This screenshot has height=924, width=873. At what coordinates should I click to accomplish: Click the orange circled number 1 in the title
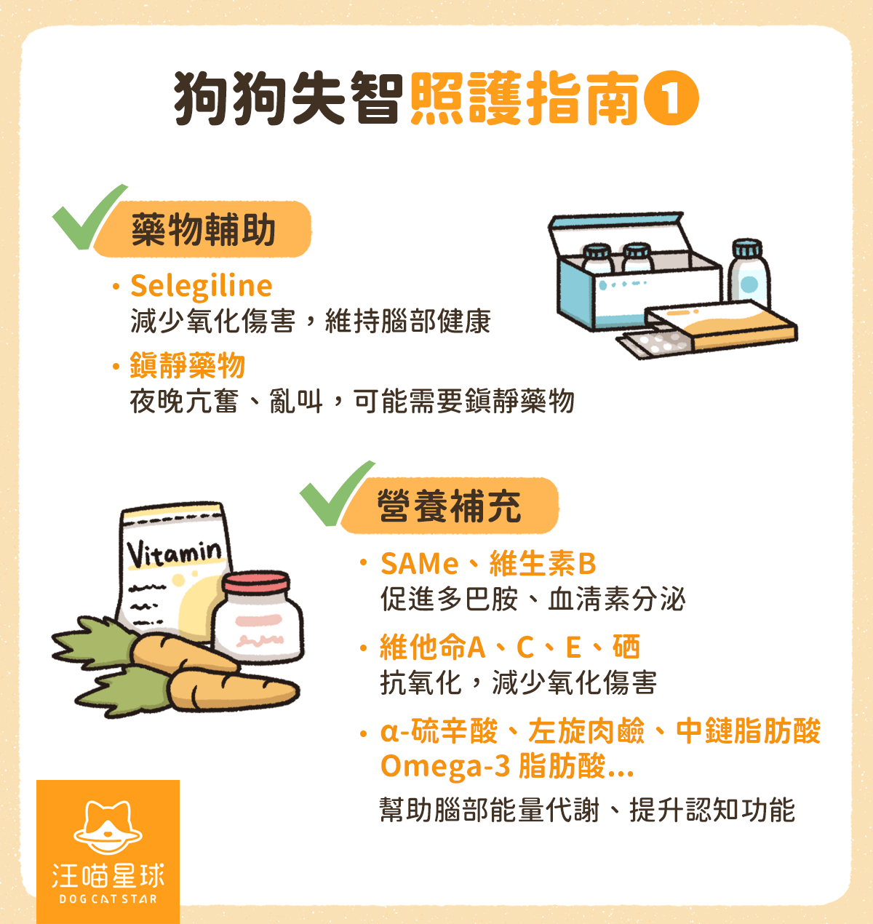point(671,99)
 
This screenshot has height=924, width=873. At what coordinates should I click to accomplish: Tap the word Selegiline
point(201,286)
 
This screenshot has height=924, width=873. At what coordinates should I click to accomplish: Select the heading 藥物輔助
point(204,230)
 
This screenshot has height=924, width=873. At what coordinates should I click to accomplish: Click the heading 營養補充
point(450,506)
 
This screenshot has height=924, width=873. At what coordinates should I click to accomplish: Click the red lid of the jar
point(256,582)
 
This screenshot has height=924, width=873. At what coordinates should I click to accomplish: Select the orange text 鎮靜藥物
point(187,365)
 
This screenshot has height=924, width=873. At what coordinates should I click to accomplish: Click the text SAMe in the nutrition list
point(419,564)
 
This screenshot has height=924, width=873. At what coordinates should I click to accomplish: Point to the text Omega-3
point(445,766)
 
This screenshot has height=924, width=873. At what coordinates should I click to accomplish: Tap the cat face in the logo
point(108,827)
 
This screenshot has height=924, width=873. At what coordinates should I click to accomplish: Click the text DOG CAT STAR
point(108,899)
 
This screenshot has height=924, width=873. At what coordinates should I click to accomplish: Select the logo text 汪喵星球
point(108,876)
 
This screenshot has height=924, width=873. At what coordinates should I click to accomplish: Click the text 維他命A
point(432,647)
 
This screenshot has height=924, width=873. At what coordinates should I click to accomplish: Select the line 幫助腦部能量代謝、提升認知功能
point(587,810)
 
